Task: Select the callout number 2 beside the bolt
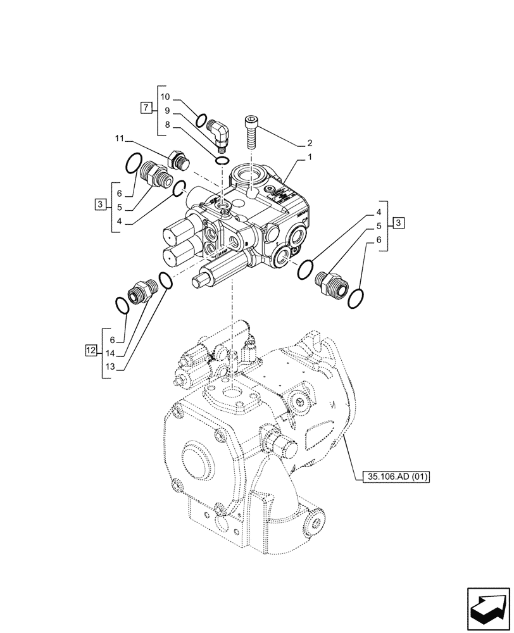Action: pyautogui.click(x=310, y=143)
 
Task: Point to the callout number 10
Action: pyautogui.click(x=165, y=97)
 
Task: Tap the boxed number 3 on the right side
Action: pyautogui.click(x=397, y=222)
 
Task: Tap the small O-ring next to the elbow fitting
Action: pyautogui.click(x=201, y=120)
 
